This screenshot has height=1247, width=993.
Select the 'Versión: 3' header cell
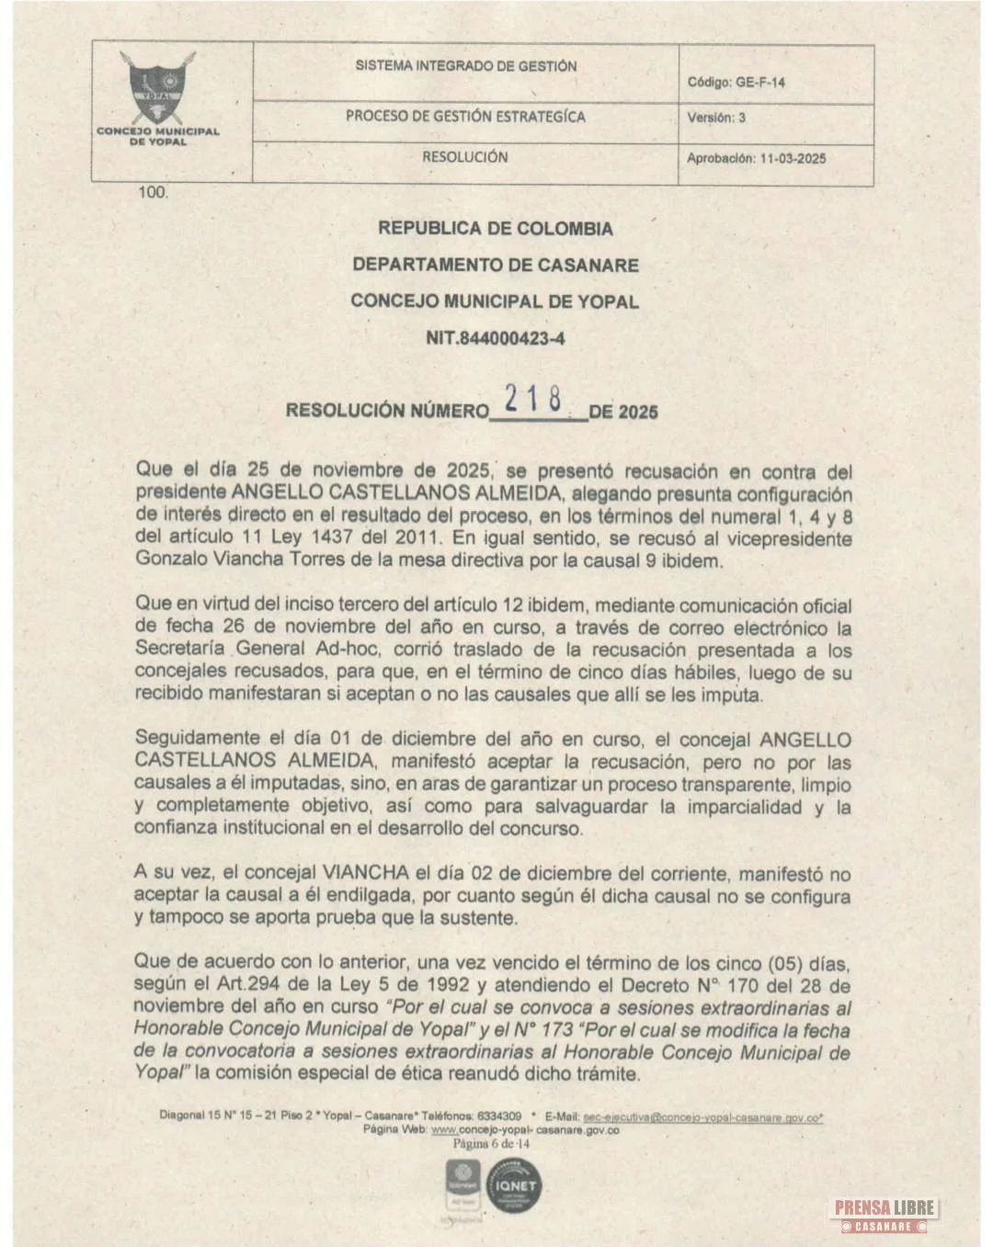click(716, 119)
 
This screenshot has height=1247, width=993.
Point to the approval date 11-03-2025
click(792, 158)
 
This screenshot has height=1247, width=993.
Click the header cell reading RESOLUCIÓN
click(464, 157)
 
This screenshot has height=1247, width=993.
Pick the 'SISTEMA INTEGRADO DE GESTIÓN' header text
click(466, 67)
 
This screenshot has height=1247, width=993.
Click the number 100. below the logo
click(153, 193)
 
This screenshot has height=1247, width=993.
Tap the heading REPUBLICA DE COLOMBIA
click(495, 229)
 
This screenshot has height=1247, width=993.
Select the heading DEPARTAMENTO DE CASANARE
click(495, 265)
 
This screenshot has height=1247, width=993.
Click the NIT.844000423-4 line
click(495, 338)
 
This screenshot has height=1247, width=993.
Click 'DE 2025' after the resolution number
click(623, 412)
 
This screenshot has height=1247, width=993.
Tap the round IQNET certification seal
click(515, 1186)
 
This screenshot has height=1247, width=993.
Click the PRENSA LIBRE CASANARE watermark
click(885, 1216)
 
